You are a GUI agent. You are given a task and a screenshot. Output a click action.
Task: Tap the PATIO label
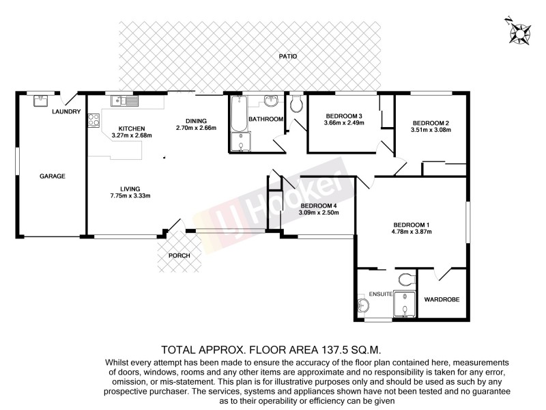pyautogui.click(x=288, y=56)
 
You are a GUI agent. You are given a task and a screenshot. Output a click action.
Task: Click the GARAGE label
pyautogui.click(x=52, y=176)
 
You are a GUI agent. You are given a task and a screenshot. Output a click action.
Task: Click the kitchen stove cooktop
pyautogui.click(x=93, y=121)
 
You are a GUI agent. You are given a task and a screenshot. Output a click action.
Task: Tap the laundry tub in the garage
pyautogui.click(x=40, y=100)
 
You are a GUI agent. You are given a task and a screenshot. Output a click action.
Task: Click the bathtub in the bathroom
pyautogui.click(x=238, y=115)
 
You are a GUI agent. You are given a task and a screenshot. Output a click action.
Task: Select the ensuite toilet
pyautogui.click(x=407, y=280)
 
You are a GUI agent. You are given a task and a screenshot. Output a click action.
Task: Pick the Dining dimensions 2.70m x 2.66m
pyautogui.click(x=196, y=128)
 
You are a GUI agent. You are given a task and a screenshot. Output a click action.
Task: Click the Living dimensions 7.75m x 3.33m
pyautogui.click(x=130, y=196)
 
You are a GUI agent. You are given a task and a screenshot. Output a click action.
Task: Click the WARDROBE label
pyautogui.click(x=442, y=299)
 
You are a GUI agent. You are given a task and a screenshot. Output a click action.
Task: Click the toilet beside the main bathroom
pyautogui.click(x=296, y=105)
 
